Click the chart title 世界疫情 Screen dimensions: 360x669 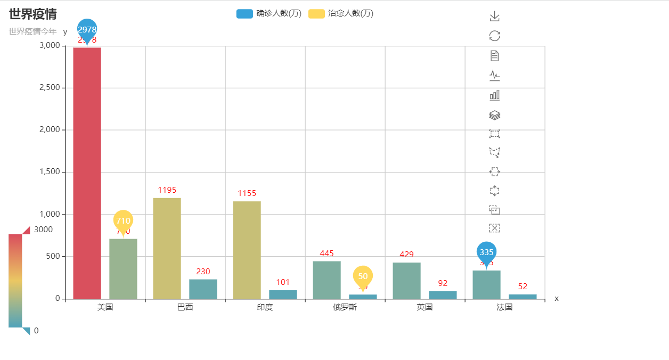coord(32,14)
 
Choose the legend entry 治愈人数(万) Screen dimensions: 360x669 coord(341,14)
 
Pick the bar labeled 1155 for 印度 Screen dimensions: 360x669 coord(247,250)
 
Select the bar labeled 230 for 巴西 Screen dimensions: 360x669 coord(203,289)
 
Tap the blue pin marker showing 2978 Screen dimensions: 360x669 coord(87,29)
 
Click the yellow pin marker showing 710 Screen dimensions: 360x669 coord(123,220)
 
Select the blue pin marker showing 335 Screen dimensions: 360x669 coord(486,251)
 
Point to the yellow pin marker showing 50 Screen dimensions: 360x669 coord(363,275)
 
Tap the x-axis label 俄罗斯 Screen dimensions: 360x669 coord(345,307)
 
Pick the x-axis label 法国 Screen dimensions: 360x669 coord(504,307)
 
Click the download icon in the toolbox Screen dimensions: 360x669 coord(494,17)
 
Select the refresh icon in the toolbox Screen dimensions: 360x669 coord(494,36)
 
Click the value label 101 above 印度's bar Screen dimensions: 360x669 coord(283,282)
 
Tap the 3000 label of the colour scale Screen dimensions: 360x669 coord(43,230)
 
